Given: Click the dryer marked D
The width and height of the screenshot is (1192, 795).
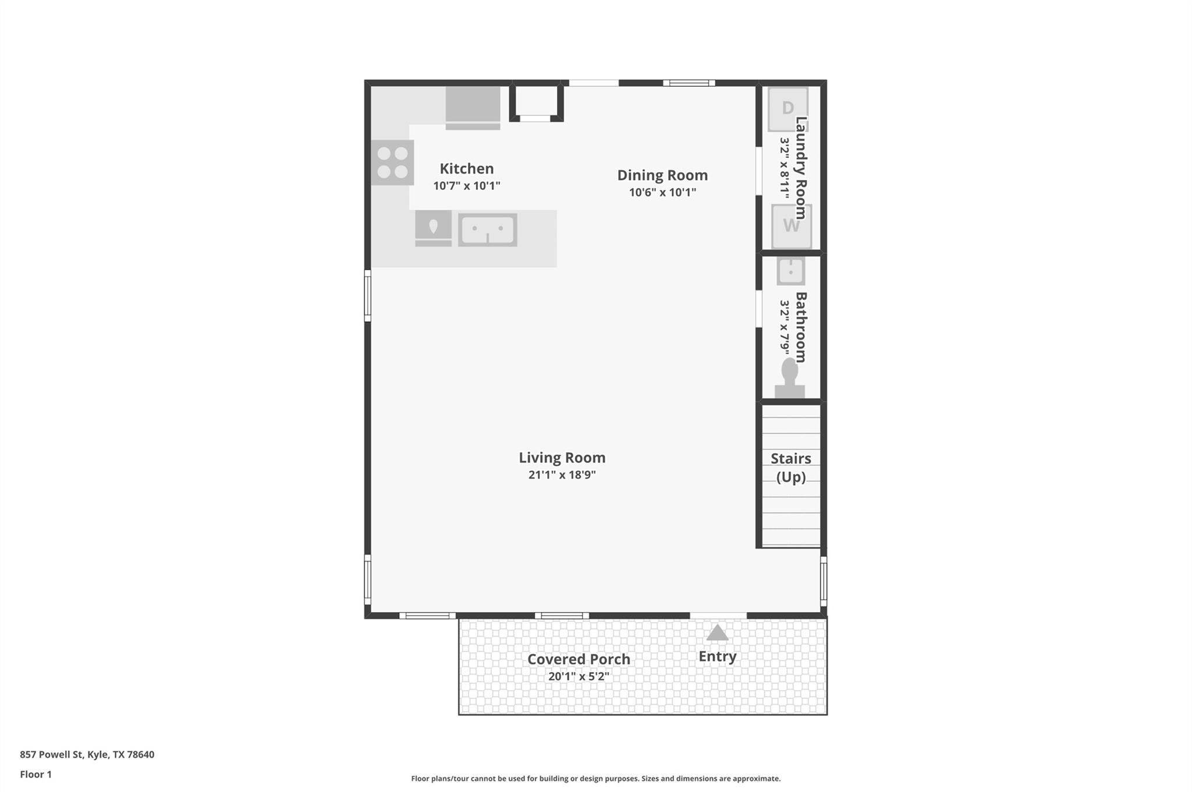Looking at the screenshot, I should coord(787,109).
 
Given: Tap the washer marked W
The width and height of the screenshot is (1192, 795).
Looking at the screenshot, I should coord(791,226).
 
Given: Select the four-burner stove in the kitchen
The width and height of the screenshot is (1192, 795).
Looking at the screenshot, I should coord(392,162).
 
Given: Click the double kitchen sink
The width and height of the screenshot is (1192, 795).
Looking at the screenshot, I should coord(487,230).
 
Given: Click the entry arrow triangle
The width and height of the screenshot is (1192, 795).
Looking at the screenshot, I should coord(717,633).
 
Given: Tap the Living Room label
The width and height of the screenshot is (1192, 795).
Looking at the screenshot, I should coord(562,458).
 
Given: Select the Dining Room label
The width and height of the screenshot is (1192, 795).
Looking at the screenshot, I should coord(662,175).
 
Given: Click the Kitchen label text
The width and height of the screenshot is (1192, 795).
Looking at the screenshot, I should coord(466,169).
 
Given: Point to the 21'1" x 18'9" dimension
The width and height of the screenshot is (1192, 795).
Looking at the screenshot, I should coord(562,475).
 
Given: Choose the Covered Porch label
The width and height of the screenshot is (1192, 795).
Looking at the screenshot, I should coord(579,659).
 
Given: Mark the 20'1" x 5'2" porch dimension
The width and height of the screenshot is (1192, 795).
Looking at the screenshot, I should coord(579,676).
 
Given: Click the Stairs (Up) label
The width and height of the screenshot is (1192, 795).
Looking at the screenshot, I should coord(790,468).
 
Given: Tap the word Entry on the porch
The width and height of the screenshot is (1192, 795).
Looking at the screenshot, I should coord(717,656).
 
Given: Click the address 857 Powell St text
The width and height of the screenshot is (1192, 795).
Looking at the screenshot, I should coord(87,755).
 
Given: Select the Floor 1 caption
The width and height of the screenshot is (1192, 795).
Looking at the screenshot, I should coord(36,775).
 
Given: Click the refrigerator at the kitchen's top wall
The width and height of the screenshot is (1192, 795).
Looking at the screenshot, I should coord(473,107).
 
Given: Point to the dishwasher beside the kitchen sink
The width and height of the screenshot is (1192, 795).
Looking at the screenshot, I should coord(433,228).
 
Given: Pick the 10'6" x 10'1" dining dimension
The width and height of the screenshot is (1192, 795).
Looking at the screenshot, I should coord(662,192).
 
